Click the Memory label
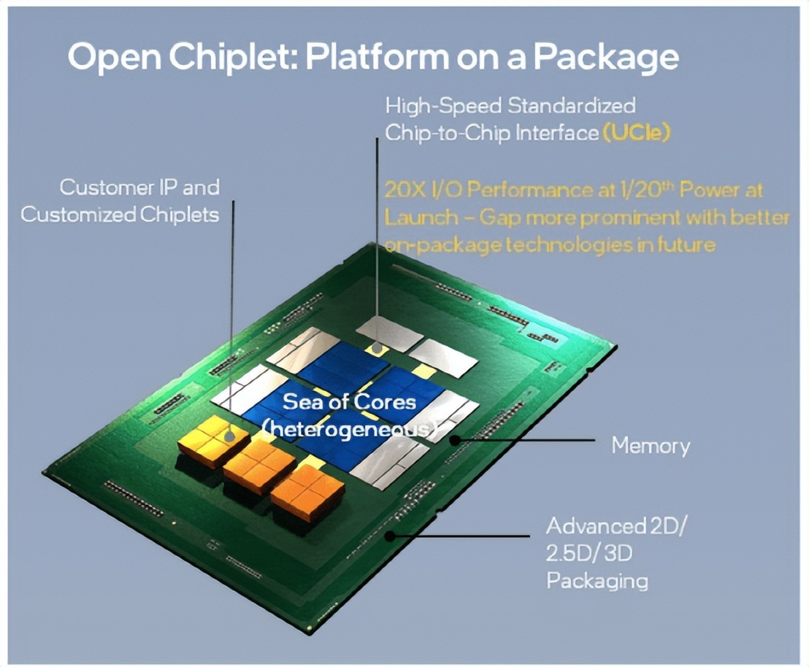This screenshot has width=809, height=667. (x=651, y=444)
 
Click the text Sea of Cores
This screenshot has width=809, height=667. (x=349, y=401)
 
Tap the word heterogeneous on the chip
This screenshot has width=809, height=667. (x=349, y=429)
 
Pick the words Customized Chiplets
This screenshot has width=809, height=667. (x=120, y=215)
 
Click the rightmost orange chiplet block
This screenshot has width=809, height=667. (x=307, y=493)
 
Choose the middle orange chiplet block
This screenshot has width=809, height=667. (x=260, y=466)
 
